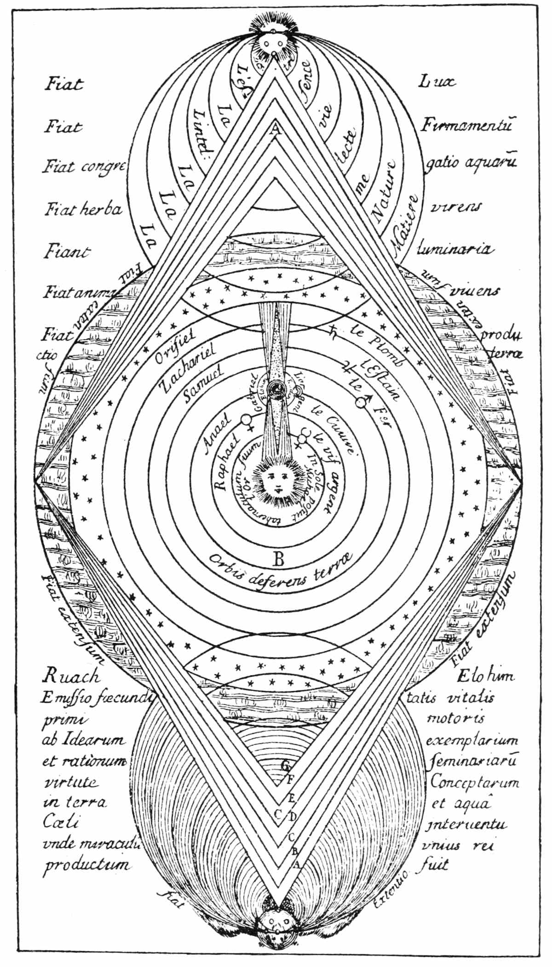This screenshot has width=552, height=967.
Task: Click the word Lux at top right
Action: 437,82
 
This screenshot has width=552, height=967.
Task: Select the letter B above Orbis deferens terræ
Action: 279,559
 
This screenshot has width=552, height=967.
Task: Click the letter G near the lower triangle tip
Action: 286,765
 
